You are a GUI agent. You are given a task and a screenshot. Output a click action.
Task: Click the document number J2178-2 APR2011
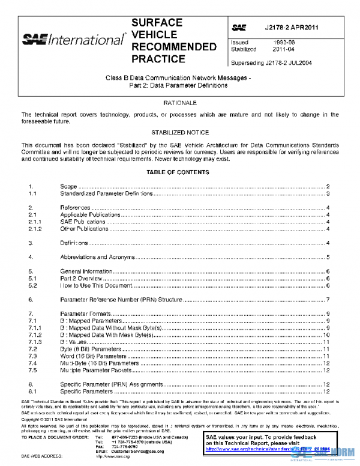point(292,28)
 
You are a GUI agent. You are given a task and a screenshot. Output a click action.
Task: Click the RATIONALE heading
point(180,103)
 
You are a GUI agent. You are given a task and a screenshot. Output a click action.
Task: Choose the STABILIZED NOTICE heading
point(180,132)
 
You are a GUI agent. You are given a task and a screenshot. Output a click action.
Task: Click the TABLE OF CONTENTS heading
point(180,172)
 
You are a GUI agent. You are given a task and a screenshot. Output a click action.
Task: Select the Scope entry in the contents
point(68,187)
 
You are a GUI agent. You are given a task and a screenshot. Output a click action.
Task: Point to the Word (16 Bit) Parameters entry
point(93,356)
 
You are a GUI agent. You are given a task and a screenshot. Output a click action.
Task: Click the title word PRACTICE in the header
point(158,59)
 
